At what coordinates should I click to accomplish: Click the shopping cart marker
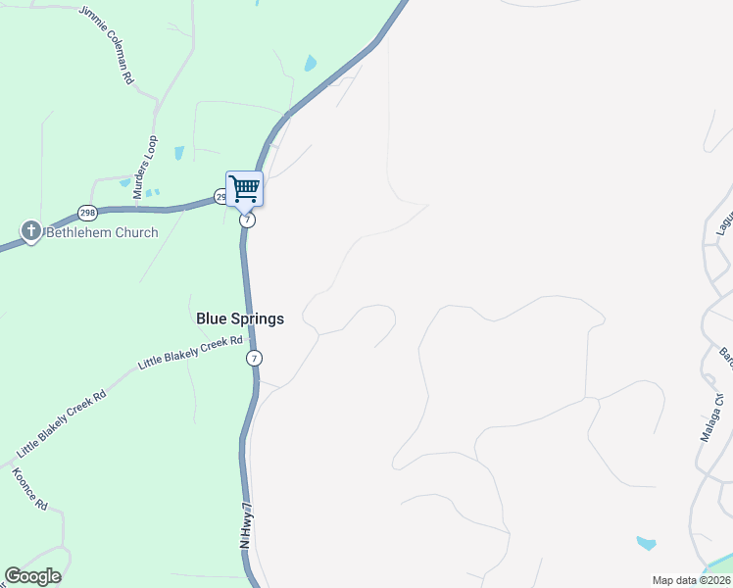click(244, 187)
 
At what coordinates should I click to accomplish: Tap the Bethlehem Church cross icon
click(31, 232)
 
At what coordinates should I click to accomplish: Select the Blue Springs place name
click(240, 318)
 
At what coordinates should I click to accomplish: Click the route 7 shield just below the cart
click(247, 220)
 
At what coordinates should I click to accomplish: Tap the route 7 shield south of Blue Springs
click(255, 358)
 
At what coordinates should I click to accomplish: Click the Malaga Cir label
click(716, 416)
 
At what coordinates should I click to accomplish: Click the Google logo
click(32, 576)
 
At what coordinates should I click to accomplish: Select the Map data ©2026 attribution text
click(691, 580)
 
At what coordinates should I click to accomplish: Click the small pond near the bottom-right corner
click(646, 542)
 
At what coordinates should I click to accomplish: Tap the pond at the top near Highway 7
click(311, 64)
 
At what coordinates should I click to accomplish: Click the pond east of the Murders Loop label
click(179, 153)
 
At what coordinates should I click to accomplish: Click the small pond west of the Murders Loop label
click(125, 181)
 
